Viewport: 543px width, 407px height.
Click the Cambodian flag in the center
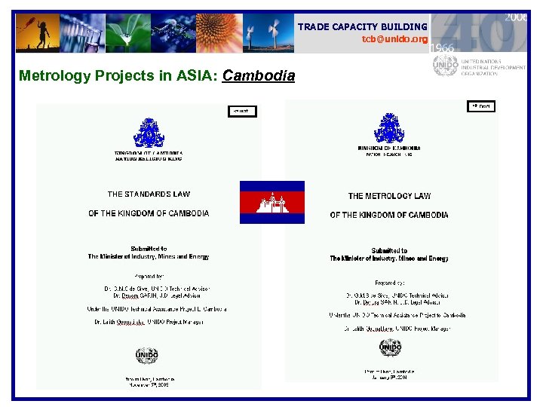click(272, 202)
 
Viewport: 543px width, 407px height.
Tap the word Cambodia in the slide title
click(259, 75)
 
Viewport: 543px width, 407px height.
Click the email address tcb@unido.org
click(394, 39)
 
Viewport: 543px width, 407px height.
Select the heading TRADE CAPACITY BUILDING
click(362, 27)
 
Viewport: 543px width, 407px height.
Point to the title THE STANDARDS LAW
click(149, 194)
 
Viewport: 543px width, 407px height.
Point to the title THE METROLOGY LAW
click(389, 196)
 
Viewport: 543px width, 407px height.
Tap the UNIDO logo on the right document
click(389, 347)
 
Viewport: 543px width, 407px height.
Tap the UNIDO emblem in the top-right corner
click(445, 66)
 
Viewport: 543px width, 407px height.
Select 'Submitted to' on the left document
click(149, 248)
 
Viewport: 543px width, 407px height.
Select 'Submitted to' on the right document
click(389, 250)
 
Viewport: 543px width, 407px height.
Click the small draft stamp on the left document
click(242, 112)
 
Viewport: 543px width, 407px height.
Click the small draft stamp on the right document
click(481, 106)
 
